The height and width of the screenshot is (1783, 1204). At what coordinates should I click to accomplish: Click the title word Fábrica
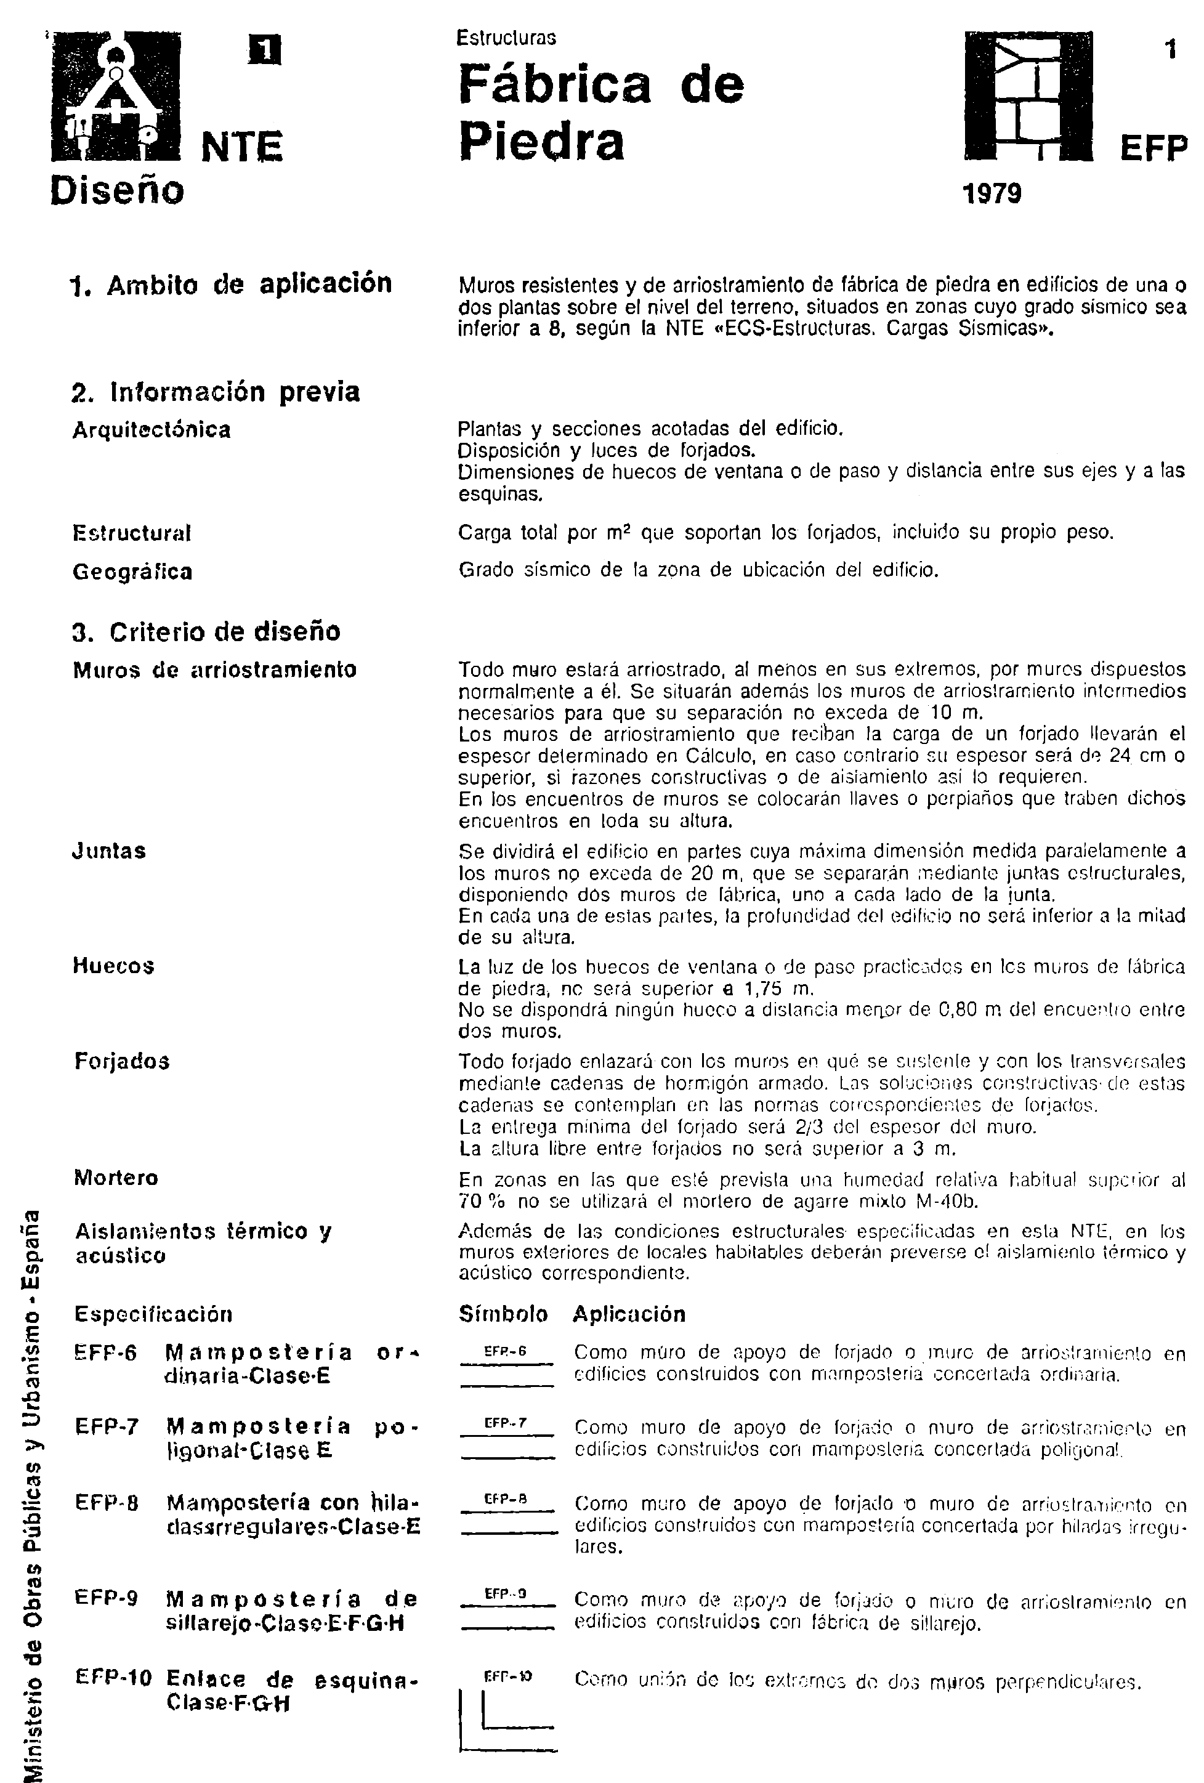[555, 84]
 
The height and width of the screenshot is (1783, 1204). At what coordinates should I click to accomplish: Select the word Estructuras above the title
[506, 37]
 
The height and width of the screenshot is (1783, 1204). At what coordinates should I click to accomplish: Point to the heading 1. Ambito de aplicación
[231, 285]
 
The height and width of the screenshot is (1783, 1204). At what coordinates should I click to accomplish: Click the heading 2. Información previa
[216, 392]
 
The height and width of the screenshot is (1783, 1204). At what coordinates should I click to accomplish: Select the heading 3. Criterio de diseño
[206, 631]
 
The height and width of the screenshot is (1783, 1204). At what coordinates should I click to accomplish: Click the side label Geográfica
[132, 572]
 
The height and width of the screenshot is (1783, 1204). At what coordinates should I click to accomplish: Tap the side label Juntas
[109, 851]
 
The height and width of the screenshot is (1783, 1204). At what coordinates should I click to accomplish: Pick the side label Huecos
[113, 965]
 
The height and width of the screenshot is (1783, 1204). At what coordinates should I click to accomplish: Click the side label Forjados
[122, 1061]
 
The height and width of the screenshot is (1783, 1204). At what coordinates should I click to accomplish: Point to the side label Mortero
[116, 1178]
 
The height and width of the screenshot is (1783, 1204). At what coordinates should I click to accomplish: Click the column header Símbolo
[503, 1314]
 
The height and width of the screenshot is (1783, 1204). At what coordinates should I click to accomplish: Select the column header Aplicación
[628, 1314]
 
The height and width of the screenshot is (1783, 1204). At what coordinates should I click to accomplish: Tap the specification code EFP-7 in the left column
[107, 1426]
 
